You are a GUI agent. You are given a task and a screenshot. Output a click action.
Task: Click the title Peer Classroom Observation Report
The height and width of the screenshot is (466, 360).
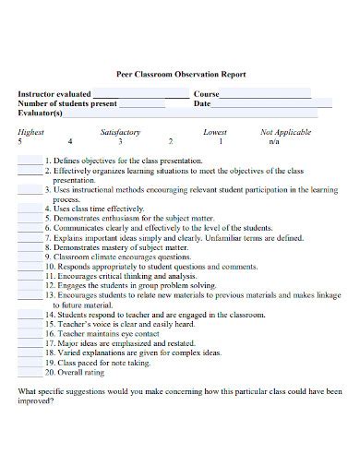180,74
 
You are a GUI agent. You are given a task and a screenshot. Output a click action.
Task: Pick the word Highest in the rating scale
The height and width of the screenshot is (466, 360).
30,132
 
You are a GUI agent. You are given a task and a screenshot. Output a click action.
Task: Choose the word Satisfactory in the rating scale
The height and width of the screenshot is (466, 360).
119,132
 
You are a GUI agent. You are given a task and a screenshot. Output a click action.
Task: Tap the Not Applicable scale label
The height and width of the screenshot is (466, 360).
285,132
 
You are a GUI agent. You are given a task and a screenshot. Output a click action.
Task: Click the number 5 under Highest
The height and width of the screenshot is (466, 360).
20,142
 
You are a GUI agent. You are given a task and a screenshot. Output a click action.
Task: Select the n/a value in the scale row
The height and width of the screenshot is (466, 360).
274,142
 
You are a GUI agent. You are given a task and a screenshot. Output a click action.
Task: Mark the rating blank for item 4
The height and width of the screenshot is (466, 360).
30,209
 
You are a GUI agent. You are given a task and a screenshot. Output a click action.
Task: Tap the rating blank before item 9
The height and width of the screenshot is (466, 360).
30,257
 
